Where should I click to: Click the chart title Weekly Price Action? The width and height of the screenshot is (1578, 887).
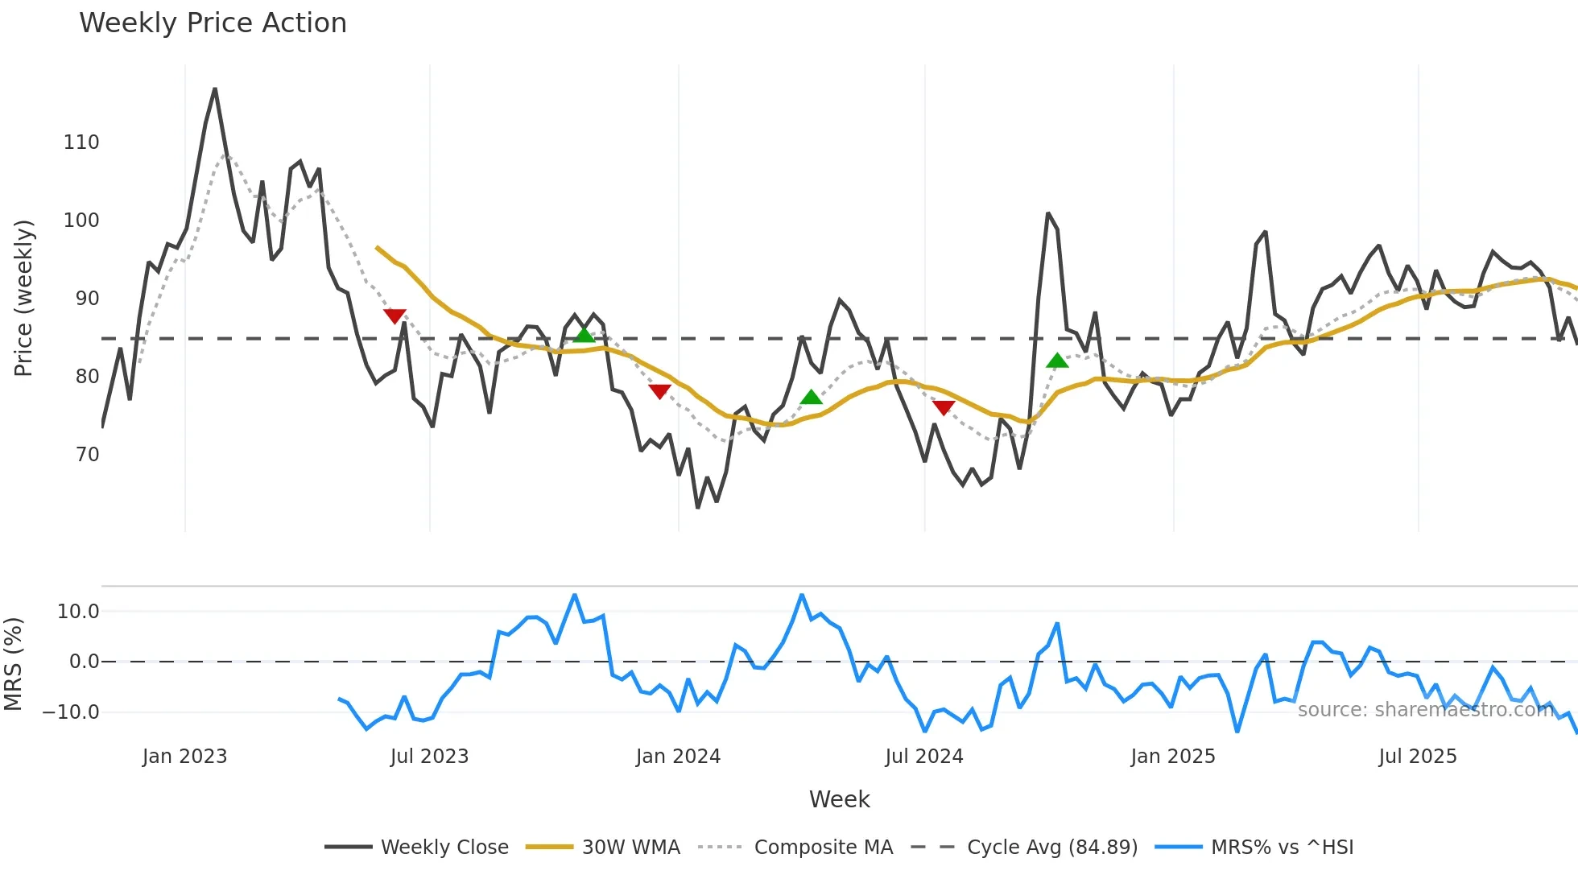click(x=213, y=23)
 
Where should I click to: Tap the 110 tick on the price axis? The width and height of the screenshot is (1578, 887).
click(x=81, y=142)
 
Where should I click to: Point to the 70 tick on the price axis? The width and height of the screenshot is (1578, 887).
click(x=87, y=455)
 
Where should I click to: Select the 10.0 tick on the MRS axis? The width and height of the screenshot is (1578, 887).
click(x=78, y=612)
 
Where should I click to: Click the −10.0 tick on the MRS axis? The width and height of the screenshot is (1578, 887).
click(x=71, y=712)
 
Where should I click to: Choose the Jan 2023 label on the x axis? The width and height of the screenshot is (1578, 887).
click(x=184, y=757)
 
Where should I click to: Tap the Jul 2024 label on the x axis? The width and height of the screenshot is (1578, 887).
click(x=923, y=757)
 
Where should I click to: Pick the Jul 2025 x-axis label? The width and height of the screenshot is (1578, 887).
click(x=1417, y=757)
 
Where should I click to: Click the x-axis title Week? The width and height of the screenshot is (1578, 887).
click(x=839, y=799)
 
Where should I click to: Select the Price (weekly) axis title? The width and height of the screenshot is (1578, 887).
click(x=23, y=298)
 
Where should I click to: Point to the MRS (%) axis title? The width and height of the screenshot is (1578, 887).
click(x=13, y=664)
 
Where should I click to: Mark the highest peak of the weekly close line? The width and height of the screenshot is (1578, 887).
click(x=215, y=89)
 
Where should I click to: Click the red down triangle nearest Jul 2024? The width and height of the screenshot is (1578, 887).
click(x=944, y=407)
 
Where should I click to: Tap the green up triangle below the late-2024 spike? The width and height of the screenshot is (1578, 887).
click(x=1057, y=361)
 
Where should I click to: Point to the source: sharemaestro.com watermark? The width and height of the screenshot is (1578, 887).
click(x=1425, y=709)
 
